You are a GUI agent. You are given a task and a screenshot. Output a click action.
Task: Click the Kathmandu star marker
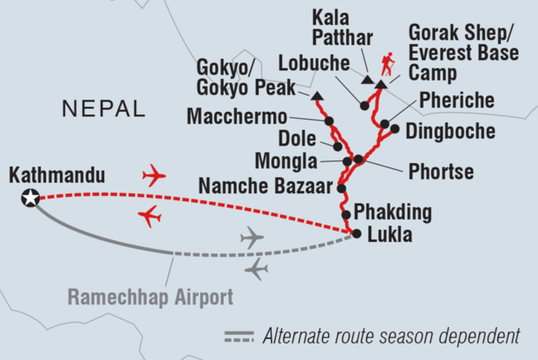[x=30, y=199]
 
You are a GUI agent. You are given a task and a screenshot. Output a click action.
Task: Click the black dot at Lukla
[x=355, y=232]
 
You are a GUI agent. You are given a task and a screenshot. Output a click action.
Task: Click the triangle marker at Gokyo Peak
[x=315, y=95]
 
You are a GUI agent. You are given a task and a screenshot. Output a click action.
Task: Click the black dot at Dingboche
[x=394, y=129]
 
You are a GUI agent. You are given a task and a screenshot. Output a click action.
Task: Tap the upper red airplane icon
[x=154, y=177]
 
